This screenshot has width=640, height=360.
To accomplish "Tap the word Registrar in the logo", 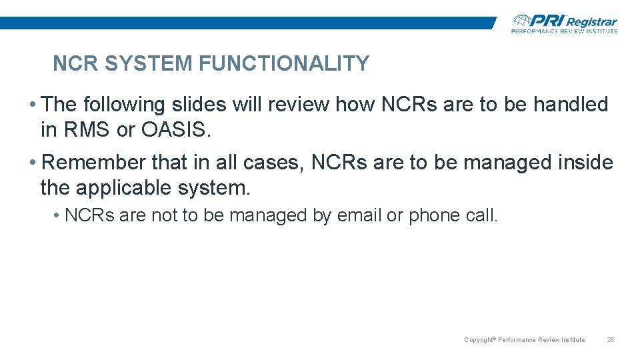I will tap(591, 22).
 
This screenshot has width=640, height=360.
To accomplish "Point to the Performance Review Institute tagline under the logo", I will tap(564, 31).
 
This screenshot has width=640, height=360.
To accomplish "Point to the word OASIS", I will tap(175, 130).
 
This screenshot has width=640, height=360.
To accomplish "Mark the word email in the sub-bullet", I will tap(359, 215).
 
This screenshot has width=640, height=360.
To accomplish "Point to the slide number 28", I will tap(610, 340).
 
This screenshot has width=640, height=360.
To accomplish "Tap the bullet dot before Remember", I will tap(33, 162).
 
